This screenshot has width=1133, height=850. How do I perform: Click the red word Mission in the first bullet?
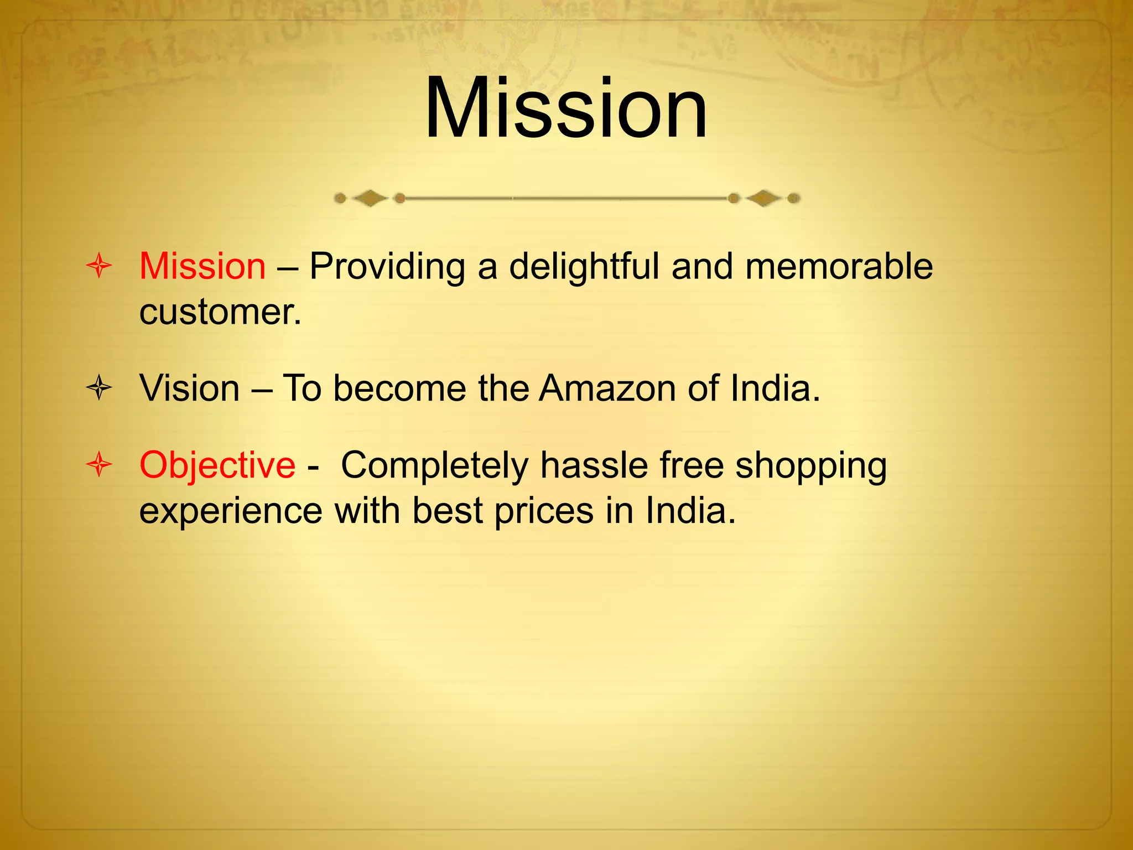202,266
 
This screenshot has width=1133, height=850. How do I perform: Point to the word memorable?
839,266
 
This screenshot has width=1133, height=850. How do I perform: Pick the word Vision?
189,388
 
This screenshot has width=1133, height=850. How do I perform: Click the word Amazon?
607,388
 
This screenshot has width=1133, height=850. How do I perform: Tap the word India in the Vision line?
774,388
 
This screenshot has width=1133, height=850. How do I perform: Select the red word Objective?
217,466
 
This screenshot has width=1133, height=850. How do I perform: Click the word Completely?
435,466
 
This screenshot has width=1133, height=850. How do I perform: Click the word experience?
231,511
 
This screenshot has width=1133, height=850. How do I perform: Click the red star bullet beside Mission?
100,266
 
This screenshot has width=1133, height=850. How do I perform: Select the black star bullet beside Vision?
100,388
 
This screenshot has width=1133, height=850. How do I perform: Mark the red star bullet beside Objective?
100,464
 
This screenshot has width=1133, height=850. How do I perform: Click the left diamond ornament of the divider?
370,198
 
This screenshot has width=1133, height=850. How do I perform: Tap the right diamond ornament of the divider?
764,198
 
